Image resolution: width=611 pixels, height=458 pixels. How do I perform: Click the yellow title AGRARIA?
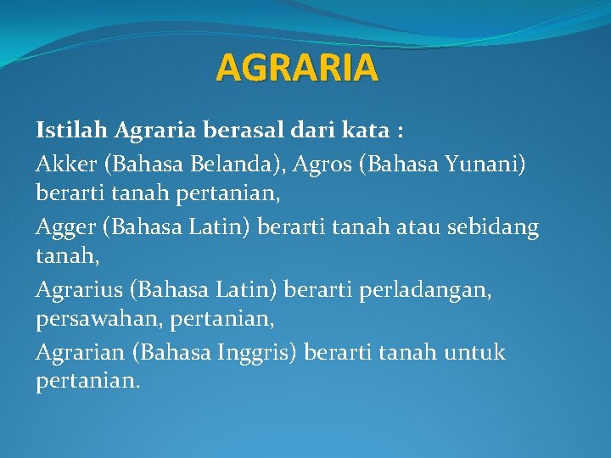(x=297, y=67)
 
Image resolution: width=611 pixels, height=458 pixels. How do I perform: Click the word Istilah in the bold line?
(x=71, y=130)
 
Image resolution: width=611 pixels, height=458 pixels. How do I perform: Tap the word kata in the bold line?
(x=366, y=131)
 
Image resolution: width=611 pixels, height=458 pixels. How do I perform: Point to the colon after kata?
(x=401, y=132)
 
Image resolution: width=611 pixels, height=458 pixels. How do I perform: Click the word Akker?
(x=66, y=164)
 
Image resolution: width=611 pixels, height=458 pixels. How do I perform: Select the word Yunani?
(x=480, y=164)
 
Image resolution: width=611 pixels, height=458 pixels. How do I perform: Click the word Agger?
(x=65, y=228)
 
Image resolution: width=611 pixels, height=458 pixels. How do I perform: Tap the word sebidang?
(x=493, y=228)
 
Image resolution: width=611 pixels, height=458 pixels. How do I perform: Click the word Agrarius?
(x=79, y=291)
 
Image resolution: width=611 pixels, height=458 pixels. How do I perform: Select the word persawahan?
(x=96, y=320)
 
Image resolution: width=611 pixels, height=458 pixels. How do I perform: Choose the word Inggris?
(x=254, y=353)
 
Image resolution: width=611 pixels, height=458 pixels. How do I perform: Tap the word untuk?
(x=474, y=352)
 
